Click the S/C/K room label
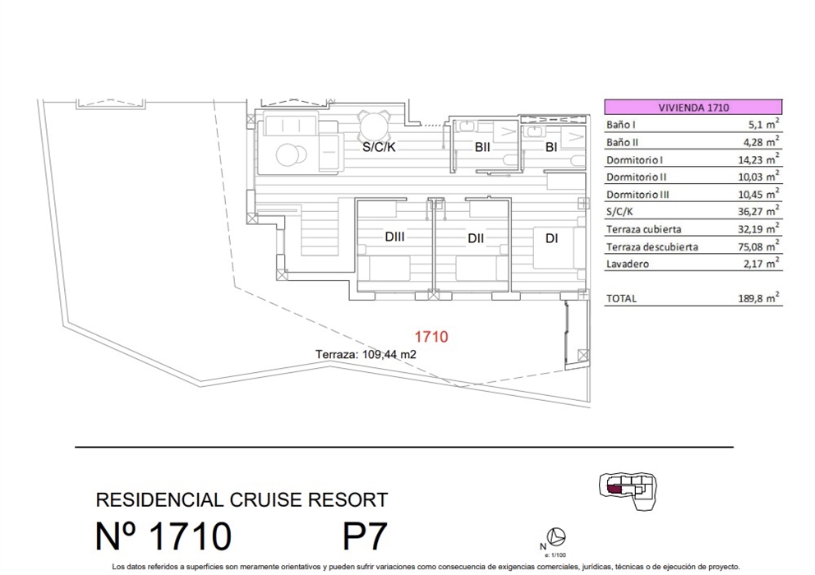pos(380,149)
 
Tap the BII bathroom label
pos(481,148)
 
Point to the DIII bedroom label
pos(398,238)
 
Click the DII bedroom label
pos(476,238)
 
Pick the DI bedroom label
pos(551,238)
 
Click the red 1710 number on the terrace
pos(431,336)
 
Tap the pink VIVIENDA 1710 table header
pos(693,107)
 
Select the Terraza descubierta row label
pos(652,246)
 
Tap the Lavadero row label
pos(628,264)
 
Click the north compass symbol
pos(557,536)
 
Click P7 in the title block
pos(364,536)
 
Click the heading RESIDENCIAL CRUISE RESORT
pos(242,499)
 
